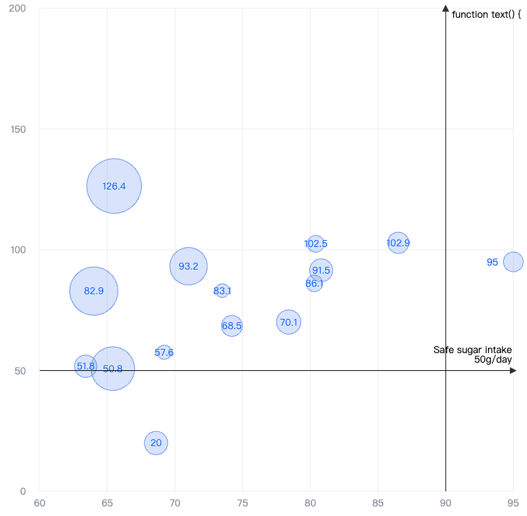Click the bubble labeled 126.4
[114, 186]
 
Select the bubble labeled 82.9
[94, 291]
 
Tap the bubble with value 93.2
[188, 266]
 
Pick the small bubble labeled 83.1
[222, 291]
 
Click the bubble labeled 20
[156, 443]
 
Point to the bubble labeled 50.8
[113, 369]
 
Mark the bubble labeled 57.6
[164, 352]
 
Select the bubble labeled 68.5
[232, 326]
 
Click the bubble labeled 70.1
[289, 322]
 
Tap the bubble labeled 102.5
[315, 243]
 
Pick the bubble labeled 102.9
[398, 242]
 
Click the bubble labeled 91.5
[321, 270]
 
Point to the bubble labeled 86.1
[314, 283]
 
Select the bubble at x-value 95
[513, 261]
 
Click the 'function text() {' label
[487, 14]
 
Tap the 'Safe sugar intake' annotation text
[472, 350]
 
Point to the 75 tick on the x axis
[242, 502]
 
